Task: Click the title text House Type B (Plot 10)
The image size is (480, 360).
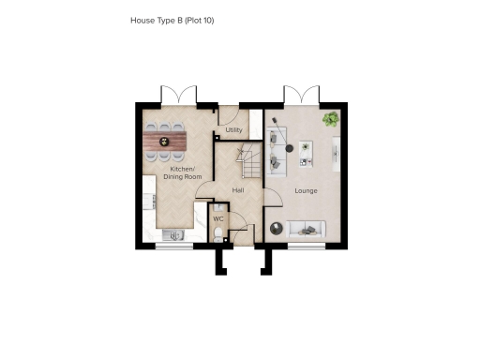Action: pos(178,19)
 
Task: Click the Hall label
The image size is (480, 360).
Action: pos(238,190)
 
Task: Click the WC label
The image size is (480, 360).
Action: pos(217,219)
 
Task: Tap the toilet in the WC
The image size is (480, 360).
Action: pos(218,238)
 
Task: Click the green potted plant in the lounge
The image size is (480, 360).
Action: pos(331,119)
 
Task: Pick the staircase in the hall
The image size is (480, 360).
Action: pos(245,162)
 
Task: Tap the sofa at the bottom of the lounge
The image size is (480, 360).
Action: pos(305,228)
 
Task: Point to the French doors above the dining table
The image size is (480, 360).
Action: pos(178,94)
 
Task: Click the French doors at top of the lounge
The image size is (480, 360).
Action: pos(302,94)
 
